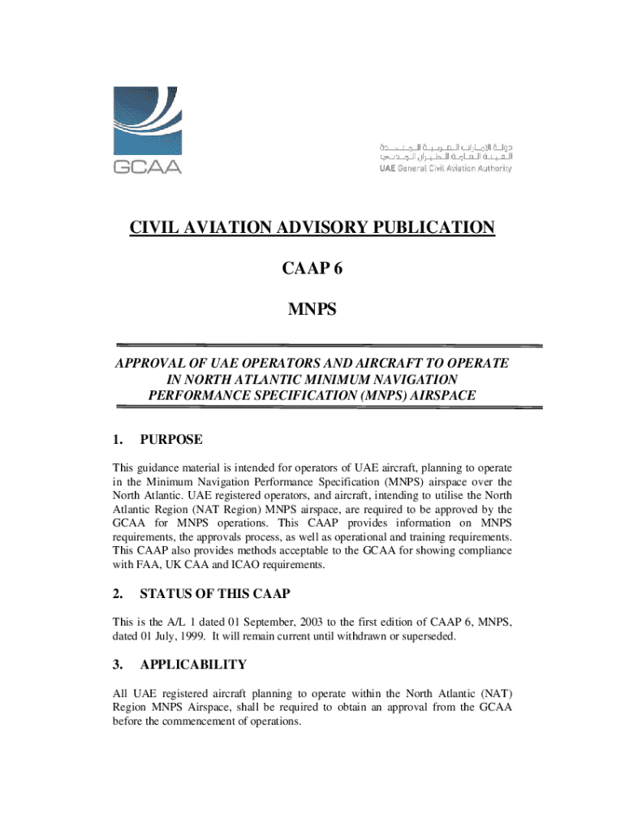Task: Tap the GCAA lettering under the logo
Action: (147, 167)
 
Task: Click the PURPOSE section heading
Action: (171, 440)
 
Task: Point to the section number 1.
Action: (117, 440)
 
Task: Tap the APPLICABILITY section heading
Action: (193, 665)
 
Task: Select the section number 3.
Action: (117, 665)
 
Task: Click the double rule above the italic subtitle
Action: (329, 346)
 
